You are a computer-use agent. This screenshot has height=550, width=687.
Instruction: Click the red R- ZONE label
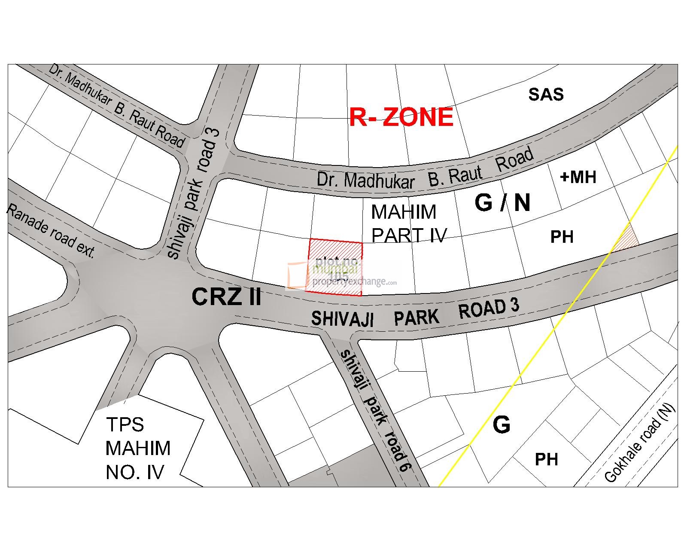pyautogui.click(x=401, y=117)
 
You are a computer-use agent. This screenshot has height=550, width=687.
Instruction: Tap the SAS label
pyautogui.click(x=546, y=95)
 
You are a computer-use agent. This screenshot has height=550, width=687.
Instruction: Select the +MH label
pyautogui.click(x=578, y=177)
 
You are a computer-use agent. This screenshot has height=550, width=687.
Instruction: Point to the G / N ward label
pyautogui.click(x=502, y=202)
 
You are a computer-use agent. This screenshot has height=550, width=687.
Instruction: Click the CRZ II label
pyautogui.click(x=226, y=297)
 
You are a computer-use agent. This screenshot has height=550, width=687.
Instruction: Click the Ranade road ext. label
pyautogui.click(x=50, y=231)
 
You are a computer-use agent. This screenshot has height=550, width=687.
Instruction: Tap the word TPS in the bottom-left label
pyautogui.click(x=125, y=425)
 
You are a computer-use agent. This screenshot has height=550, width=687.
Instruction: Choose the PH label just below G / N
pyautogui.click(x=562, y=237)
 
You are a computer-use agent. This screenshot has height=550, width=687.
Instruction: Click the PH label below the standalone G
pyautogui.click(x=546, y=459)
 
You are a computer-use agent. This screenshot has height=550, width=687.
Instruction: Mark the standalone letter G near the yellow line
pyautogui.click(x=502, y=425)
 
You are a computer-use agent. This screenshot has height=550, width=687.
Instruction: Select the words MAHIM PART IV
pyautogui.click(x=408, y=223)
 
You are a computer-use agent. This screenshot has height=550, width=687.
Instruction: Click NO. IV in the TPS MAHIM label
pyautogui.click(x=134, y=472)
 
